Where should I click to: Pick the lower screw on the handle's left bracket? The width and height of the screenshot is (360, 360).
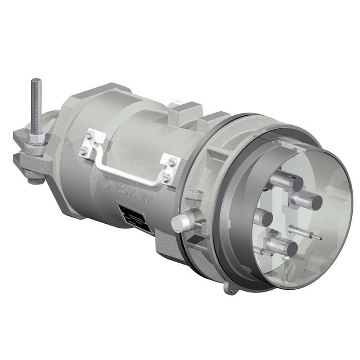click(x=85, y=152)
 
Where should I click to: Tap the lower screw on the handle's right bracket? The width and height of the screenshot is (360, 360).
click(x=166, y=177)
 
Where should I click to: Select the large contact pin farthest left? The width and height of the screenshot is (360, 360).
click(x=263, y=218)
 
